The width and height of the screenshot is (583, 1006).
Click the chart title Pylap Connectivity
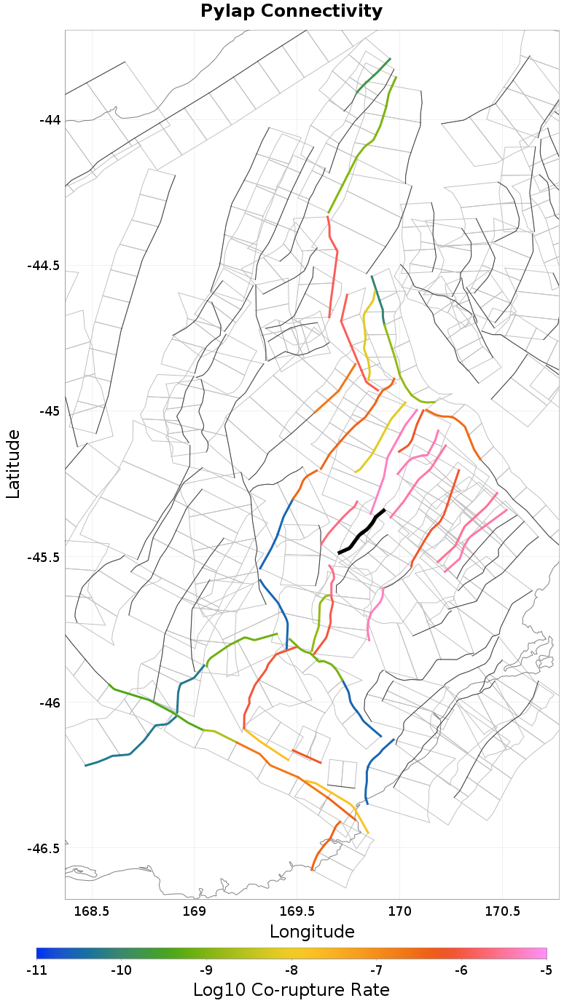pyautogui.click(x=291, y=12)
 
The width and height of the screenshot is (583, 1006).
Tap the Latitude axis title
pyautogui.click(x=13, y=464)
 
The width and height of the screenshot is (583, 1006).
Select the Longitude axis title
pyautogui.click(x=312, y=932)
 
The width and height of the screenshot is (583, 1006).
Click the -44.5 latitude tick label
pyautogui.click(x=44, y=266)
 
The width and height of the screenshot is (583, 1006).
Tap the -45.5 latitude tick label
pyautogui.click(x=44, y=558)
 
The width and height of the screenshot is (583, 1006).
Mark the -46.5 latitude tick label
pyautogui.click(x=44, y=849)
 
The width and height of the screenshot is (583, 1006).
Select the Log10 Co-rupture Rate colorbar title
pyautogui.click(x=291, y=990)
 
